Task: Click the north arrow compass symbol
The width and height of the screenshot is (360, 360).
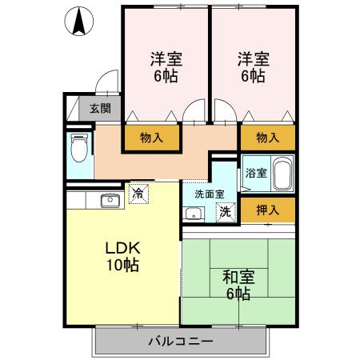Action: point(78,21)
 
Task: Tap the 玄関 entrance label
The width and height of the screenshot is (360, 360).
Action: point(100,109)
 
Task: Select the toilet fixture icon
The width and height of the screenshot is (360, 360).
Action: point(79,148)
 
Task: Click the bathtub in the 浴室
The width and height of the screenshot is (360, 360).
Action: point(282,173)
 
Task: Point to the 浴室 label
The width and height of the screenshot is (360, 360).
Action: point(255,173)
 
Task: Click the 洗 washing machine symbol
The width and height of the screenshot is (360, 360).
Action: point(226,212)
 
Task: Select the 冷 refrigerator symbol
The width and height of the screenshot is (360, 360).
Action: point(138,193)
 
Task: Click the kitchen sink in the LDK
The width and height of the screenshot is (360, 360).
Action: point(110,200)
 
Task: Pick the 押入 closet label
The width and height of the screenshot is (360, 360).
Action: point(268,210)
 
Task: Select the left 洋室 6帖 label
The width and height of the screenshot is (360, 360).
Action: point(166,68)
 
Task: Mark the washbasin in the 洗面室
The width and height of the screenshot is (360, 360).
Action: point(192,213)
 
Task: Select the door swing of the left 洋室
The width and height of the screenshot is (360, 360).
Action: point(193,114)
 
